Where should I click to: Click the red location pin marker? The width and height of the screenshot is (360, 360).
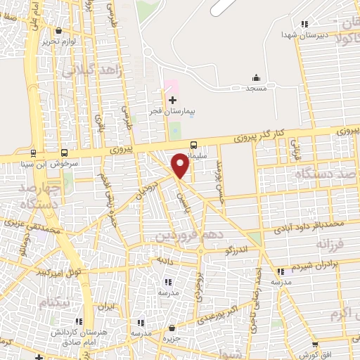(181, 164)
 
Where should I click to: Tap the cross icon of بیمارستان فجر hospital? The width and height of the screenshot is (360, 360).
(172, 101)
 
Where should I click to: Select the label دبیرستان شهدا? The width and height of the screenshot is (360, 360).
(301, 34)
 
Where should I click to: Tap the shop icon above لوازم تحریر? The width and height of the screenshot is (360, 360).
(58, 31)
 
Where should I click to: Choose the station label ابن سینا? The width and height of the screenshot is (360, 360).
(31, 163)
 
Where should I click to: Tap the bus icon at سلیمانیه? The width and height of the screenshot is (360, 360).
(193, 145)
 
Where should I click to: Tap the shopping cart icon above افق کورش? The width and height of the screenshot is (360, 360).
(314, 345)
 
